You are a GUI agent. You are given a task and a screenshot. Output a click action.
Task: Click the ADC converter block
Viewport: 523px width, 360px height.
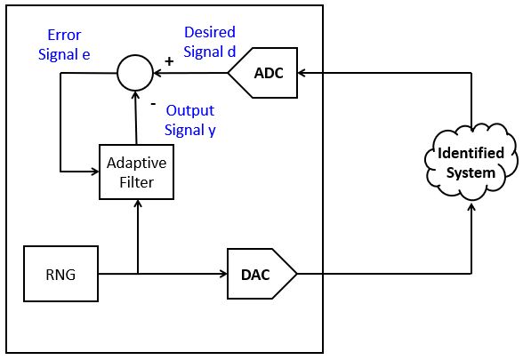coord(263,73)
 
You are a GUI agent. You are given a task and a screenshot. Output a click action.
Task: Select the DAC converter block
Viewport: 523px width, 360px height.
coord(261,274)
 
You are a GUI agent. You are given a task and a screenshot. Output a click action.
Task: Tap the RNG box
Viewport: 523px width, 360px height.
coord(60,274)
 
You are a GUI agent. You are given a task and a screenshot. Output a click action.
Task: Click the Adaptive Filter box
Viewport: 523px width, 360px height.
coord(136,172)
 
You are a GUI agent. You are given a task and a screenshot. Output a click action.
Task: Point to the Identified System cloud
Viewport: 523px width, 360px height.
coord(471,163)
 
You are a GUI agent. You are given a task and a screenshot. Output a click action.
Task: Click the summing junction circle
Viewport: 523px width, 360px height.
coord(135,73)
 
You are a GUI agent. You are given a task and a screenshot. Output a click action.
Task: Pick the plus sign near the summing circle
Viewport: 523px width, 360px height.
coord(169,61)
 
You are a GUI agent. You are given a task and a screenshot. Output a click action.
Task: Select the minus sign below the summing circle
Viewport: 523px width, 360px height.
coord(153,104)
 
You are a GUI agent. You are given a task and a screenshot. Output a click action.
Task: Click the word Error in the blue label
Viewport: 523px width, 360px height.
coord(64,35)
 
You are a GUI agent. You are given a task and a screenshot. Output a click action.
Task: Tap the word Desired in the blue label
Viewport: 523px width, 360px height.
coord(210,32)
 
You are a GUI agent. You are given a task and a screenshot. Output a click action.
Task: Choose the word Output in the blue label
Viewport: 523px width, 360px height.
coord(190,110)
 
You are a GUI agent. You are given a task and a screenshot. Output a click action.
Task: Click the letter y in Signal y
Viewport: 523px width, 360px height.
coord(212,131)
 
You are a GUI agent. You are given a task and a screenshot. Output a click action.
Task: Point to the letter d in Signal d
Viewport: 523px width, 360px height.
coord(231,52)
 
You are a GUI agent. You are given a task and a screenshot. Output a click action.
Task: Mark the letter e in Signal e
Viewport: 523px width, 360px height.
coord(86,55)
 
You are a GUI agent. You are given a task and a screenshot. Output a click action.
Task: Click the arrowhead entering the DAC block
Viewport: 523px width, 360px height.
coord(223,274)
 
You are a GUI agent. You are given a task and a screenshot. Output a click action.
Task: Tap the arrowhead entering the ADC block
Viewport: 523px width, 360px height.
coord(302,73)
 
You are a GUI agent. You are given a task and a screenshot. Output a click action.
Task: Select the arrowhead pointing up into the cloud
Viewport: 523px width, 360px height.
coord(471,207)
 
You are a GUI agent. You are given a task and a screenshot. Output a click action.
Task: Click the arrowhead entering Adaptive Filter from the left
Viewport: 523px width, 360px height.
coord(95,172)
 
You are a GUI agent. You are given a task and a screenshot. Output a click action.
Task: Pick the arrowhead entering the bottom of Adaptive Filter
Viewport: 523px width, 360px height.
coord(137,204)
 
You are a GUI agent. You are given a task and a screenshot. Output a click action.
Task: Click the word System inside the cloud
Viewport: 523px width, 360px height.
coord(471,173)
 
